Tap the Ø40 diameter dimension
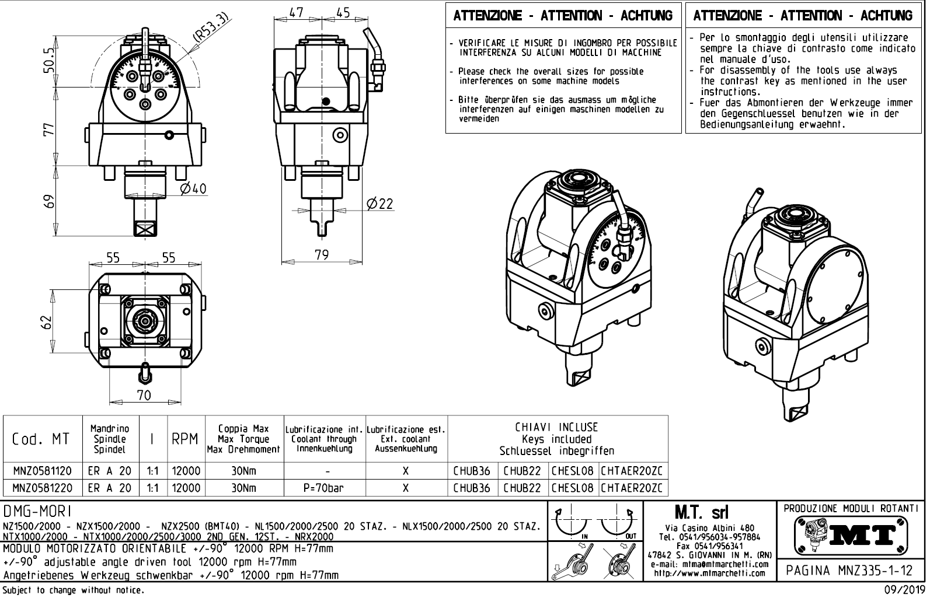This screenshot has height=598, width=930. coord(193,189)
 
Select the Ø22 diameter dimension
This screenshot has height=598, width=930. coord(379,204)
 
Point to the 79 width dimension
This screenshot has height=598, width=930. coord(321,255)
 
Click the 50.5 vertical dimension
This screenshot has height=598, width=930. coord(49,60)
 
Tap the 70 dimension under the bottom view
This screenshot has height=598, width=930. coord(144,395)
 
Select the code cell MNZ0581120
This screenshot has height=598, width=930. coord(42,471)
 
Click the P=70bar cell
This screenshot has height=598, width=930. coord(324,488)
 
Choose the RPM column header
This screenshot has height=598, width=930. coord(186,439)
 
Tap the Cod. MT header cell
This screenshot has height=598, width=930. coord(41,439)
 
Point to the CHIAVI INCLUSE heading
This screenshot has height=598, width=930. coord(556,428)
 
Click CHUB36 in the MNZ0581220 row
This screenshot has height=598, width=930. coord(472,488)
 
